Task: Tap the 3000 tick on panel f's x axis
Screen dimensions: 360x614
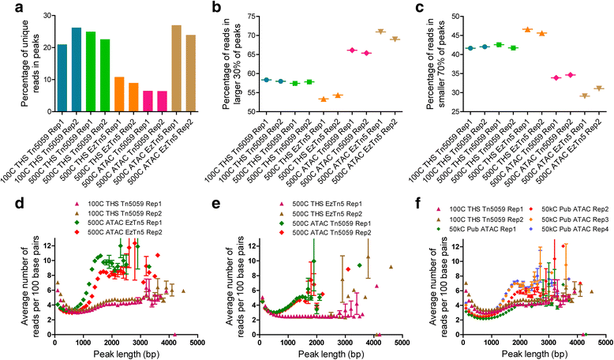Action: pos(548,345)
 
